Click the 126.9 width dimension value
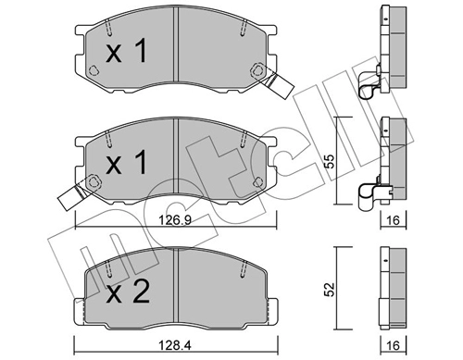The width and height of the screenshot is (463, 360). (175, 220)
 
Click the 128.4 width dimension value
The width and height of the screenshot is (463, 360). (175, 345)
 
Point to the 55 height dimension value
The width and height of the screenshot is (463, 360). (330, 161)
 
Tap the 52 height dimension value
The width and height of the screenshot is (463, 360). (330, 289)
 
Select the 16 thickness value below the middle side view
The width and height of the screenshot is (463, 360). (393, 220)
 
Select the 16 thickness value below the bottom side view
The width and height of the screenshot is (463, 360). (393, 345)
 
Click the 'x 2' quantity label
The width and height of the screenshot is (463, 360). (128, 292)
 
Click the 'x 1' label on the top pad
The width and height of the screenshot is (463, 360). (126, 52)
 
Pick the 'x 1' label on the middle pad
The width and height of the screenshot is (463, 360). (126, 162)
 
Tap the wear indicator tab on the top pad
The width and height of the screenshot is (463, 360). (276, 84)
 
